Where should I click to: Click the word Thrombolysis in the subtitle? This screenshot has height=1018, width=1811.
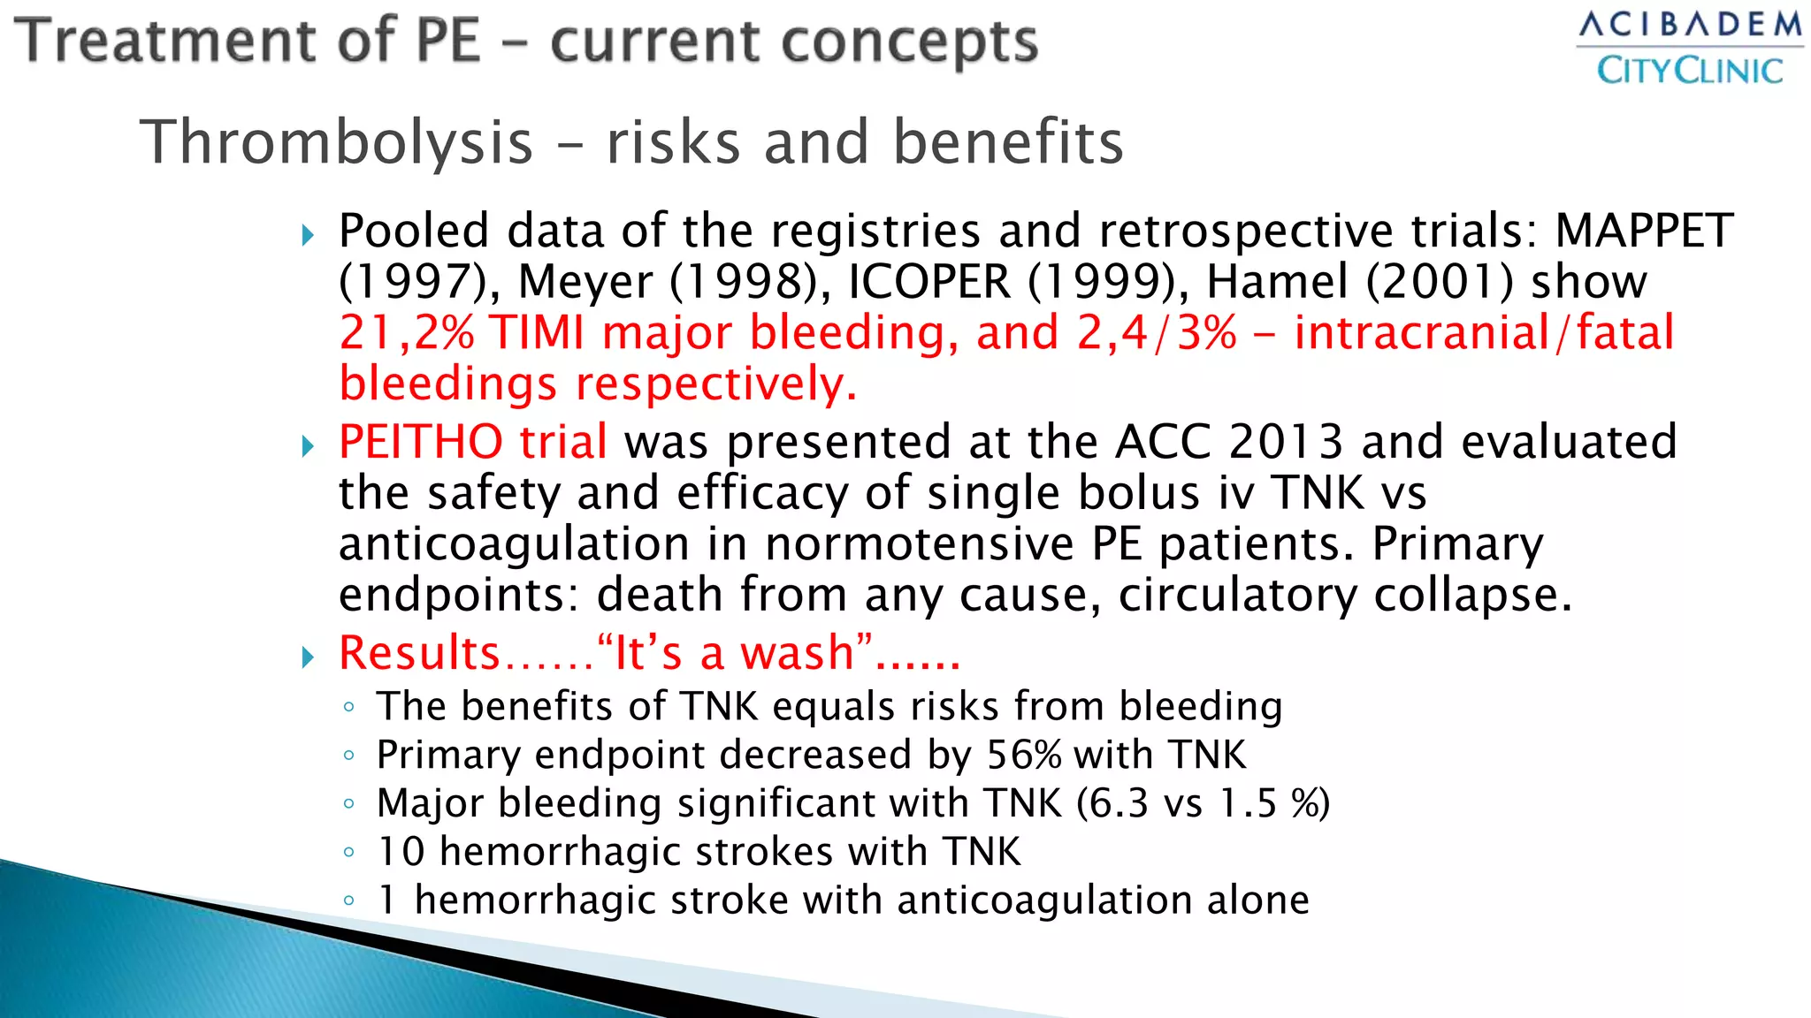tap(337, 142)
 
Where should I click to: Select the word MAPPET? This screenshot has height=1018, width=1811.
tap(1644, 232)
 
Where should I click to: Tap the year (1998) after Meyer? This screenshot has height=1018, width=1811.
tap(750, 282)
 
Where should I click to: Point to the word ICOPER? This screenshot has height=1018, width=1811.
tap(928, 282)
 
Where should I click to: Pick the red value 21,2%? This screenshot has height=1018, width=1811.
tap(407, 333)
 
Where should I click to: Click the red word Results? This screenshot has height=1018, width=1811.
tap(420, 653)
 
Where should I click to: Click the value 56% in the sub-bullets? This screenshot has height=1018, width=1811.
tap(1024, 756)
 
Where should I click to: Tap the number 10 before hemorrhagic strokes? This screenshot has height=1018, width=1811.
tap(401, 852)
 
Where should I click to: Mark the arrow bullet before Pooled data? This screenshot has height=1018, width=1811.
tap(308, 235)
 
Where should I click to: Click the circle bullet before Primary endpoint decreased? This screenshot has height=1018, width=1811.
tap(349, 756)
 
